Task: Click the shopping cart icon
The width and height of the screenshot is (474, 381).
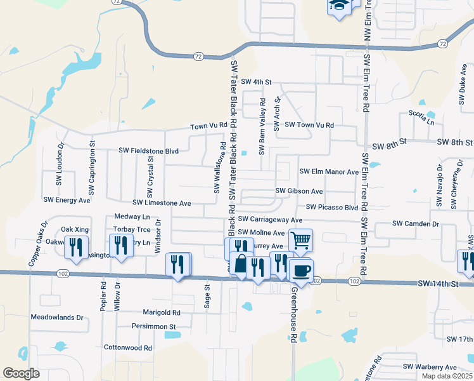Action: tap(300, 240)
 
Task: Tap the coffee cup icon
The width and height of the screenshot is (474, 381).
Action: tap(300, 271)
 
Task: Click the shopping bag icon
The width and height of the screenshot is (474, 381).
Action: tap(241, 263)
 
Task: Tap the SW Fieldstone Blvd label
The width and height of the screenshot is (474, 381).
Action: tap(149, 151)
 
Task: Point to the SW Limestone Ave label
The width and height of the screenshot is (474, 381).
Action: tap(162, 203)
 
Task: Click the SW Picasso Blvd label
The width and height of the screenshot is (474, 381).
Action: tap(332, 207)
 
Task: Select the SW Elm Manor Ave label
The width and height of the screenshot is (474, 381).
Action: tap(329, 171)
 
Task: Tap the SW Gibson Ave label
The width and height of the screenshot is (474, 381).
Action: tap(299, 190)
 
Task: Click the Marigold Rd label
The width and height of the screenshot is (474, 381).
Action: tap(162, 312)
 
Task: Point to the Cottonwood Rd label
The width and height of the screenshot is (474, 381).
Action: tap(128, 348)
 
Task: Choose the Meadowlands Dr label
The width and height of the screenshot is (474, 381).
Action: tap(57, 317)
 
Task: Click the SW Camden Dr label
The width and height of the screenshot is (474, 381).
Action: tap(416, 224)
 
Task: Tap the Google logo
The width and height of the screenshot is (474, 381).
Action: tap(22, 373)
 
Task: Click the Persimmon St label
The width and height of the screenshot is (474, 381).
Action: tap(153, 326)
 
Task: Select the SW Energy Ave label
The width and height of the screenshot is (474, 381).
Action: tap(67, 199)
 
